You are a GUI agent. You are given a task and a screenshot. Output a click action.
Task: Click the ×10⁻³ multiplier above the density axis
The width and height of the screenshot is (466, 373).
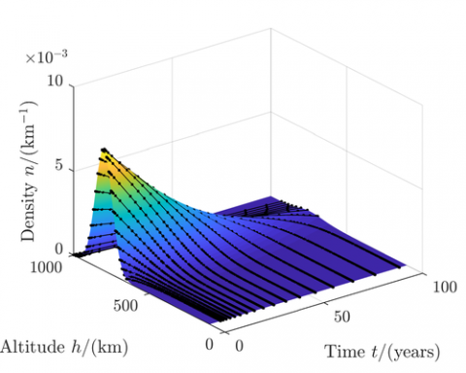click(x=46, y=58)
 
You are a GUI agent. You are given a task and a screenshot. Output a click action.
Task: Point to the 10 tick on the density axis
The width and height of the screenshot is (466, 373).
click(x=54, y=84)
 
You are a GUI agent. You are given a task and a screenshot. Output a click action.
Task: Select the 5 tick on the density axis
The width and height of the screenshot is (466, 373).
click(x=59, y=166)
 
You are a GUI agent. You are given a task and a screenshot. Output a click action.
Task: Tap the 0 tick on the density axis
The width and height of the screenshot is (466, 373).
click(x=59, y=249)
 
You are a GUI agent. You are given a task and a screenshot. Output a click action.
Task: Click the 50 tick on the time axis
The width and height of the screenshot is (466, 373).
click(x=340, y=317)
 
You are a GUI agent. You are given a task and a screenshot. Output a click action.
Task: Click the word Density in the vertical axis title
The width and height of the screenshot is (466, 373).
click(x=27, y=212)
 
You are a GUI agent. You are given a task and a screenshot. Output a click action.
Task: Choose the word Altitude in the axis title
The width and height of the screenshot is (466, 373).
click(x=31, y=346)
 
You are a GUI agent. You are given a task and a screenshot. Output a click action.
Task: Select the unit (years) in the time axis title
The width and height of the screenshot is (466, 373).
click(x=416, y=350)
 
